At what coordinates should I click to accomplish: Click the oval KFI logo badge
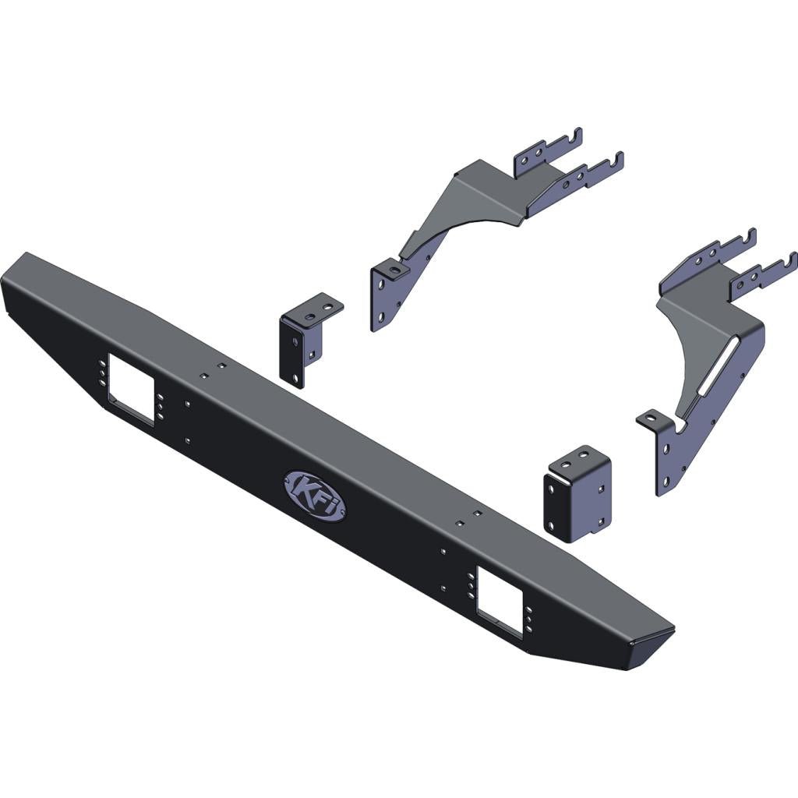click(x=315, y=496)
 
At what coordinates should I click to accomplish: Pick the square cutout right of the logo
click(x=500, y=601)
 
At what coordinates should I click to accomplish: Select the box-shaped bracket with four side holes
click(x=577, y=496)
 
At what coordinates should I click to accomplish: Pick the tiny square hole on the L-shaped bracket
click(x=311, y=355)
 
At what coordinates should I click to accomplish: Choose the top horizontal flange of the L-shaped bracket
click(x=320, y=306)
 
